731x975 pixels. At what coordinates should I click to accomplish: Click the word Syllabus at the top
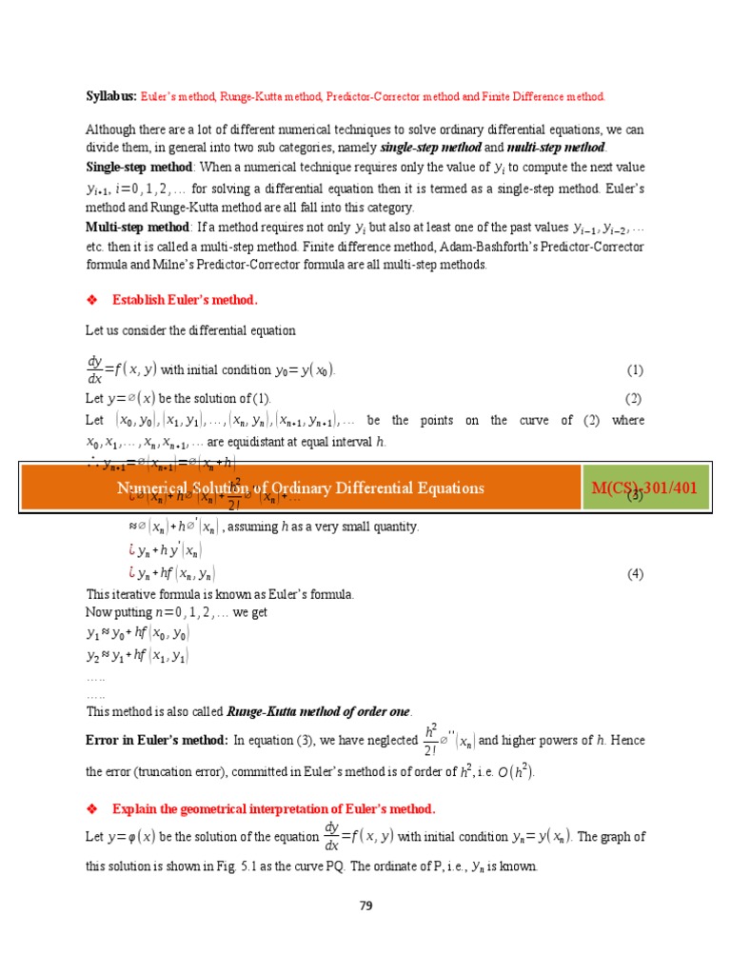(111, 97)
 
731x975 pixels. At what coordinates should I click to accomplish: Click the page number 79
(365, 905)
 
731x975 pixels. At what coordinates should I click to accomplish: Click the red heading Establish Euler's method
(185, 300)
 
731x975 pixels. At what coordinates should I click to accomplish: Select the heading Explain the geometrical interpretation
(273, 809)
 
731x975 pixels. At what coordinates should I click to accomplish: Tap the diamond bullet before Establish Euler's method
(92, 300)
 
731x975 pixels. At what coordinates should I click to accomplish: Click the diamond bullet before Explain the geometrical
(92, 809)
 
